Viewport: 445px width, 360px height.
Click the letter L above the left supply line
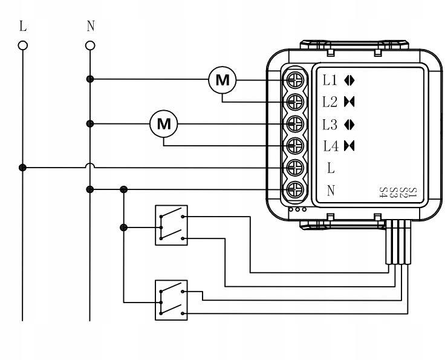click(24, 27)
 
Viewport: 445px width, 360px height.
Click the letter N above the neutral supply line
click(90, 27)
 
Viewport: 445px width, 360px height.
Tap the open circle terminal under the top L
click(24, 45)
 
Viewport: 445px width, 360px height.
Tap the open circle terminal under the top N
click(90, 45)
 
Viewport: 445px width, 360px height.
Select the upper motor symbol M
click(222, 79)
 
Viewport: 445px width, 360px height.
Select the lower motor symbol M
click(164, 123)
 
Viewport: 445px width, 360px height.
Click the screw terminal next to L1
click(295, 79)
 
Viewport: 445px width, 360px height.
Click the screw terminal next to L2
click(295, 101)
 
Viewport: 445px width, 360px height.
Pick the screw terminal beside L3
click(295, 123)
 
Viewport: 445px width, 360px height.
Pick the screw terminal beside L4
click(295, 145)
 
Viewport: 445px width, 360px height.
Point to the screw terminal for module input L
click(295, 167)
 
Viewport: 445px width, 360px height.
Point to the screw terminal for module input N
click(295, 189)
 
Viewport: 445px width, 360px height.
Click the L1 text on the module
click(330, 79)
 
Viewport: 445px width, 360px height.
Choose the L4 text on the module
click(330, 145)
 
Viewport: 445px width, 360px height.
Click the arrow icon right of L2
click(348, 101)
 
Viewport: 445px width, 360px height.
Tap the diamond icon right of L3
click(348, 123)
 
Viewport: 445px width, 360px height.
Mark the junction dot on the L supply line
click(24, 167)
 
